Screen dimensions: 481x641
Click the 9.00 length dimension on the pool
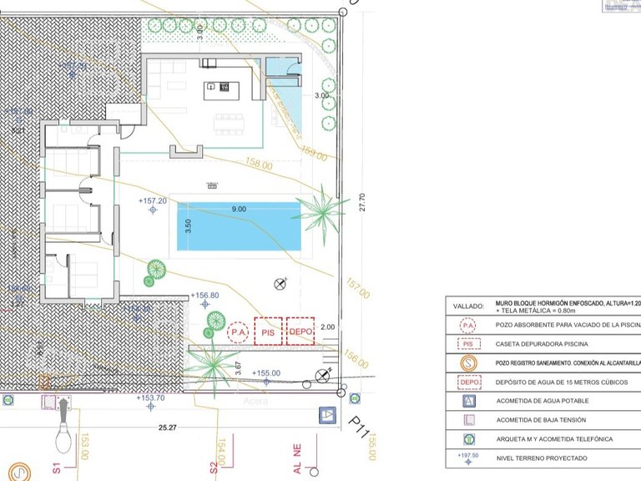click(x=239, y=209)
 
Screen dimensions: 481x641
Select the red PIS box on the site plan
click(x=269, y=332)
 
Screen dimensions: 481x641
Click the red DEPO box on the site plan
click(x=300, y=332)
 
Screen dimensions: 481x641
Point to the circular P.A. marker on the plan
click(x=237, y=332)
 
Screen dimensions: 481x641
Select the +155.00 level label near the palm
click(x=266, y=373)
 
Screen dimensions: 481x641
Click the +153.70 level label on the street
click(x=150, y=398)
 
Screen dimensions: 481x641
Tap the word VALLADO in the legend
click(x=468, y=306)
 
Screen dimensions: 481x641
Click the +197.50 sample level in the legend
click(x=468, y=457)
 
